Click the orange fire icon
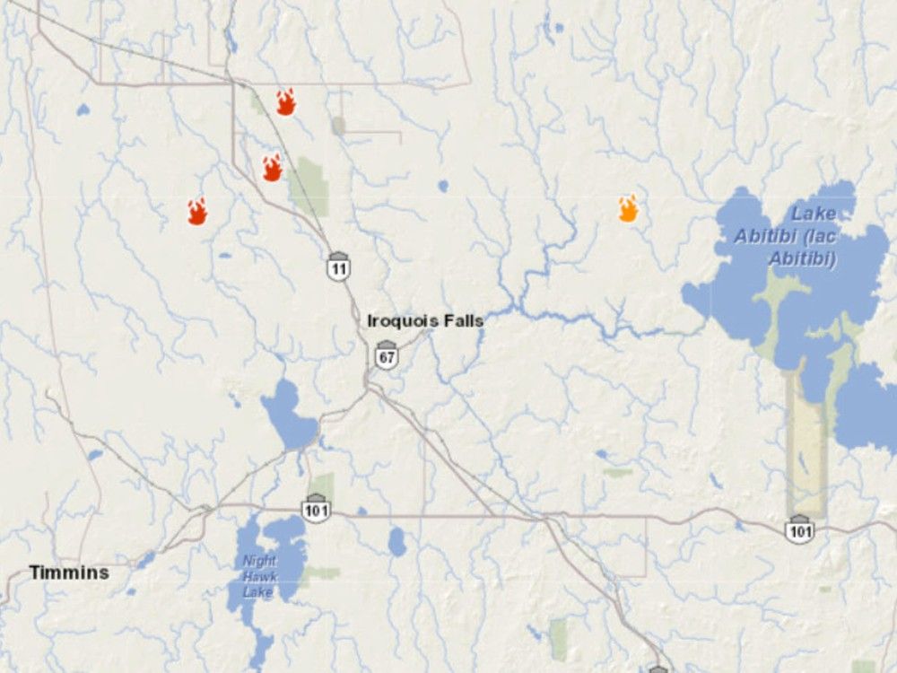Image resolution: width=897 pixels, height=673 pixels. click(628, 208)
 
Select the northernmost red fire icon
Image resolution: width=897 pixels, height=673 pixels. click(285, 102)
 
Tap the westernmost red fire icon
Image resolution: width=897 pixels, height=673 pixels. click(197, 212)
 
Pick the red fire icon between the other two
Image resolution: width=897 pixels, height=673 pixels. click(272, 168)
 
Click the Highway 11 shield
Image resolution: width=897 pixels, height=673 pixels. click(338, 267)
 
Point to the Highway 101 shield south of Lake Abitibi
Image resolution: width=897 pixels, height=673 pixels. click(799, 528)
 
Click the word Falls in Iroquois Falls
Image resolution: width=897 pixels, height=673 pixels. click(464, 320)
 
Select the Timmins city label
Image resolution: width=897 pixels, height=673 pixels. click(69, 572)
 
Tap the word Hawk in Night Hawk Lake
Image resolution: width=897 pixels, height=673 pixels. click(260, 578)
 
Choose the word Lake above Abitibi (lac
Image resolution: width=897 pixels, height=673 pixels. click(813, 214)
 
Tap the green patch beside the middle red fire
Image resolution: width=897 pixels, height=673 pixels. click(310, 185)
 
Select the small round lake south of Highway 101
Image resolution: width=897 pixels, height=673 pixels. click(396, 541)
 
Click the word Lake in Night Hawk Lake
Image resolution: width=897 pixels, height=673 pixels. click(259, 593)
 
